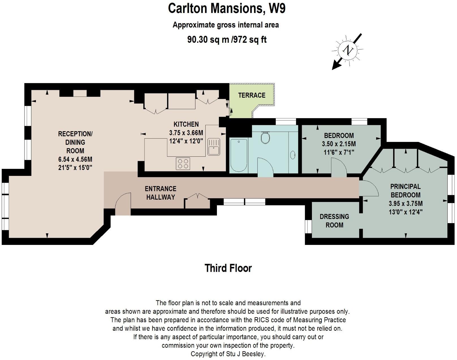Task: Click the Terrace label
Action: pyautogui.click(x=252, y=95)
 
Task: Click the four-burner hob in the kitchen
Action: pyautogui.click(x=183, y=163)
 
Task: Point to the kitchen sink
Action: pyautogui.click(x=214, y=146)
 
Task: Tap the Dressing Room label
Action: pyautogui.click(x=334, y=221)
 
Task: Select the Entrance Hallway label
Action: pyautogui.click(x=160, y=193)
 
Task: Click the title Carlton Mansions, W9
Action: pyautogui.click(x=227, y=8)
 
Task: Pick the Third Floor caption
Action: pyautogui.click(x=228, y=268)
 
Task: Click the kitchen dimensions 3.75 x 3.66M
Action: pyautogui.click(x=186, y=133)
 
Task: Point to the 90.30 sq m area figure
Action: pyautogui.click(x=208, y=40)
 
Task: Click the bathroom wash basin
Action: pyautogui.click(x=293, y=155)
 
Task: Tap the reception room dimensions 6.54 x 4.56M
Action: pyautogui.click(x=75, y=159)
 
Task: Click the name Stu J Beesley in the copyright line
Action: pyautogui.click(x=245, y=354)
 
